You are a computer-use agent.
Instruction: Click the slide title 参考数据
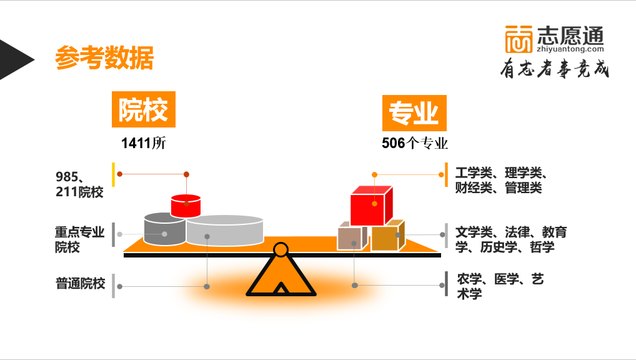104,58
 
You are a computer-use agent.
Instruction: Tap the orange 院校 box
143,110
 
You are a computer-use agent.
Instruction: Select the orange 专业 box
414,113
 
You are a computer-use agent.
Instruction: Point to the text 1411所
144,143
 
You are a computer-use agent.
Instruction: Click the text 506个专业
415,143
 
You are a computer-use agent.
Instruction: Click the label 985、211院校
79,184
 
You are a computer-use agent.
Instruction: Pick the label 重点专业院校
79,239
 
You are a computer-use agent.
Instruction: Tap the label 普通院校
80,283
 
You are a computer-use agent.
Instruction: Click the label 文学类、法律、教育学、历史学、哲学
510,239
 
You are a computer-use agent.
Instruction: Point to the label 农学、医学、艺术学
500,286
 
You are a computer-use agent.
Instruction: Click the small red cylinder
186,206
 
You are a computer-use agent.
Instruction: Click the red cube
370,206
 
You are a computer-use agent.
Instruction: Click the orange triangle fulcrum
281,276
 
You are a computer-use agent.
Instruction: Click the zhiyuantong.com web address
570,49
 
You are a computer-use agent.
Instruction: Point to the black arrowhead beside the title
14,59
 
